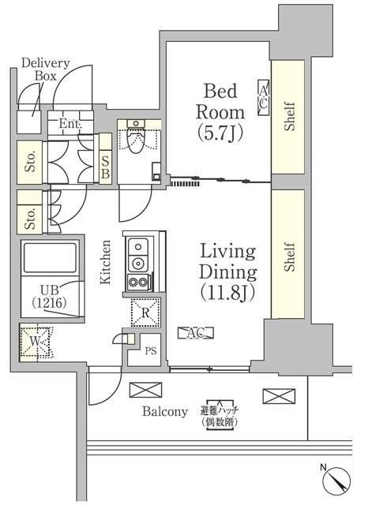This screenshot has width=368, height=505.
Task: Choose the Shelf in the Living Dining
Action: [x=288, y=256]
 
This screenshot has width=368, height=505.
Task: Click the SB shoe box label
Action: [x=105, y=166]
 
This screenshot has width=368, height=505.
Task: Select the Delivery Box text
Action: [x=45, y=69]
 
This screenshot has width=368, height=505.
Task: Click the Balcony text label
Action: [x=165, y=411]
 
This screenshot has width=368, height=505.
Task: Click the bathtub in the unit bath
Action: [x=48, y=259]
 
